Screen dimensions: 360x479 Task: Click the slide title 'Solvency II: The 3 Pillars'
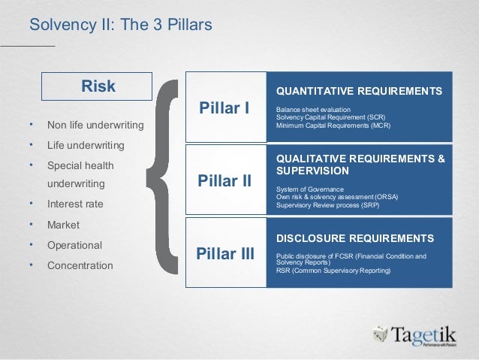coord(120,26)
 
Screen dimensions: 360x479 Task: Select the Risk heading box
coord(98,86)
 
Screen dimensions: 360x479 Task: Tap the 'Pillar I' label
coord(224,107)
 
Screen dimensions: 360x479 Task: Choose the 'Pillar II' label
coord(224,181)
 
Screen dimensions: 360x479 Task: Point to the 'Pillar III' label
coord(224,253)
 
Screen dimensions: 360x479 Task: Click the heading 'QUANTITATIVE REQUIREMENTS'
coord(359,91)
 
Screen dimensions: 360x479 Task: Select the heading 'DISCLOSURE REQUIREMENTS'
coord(355,238)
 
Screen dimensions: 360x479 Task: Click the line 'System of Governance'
coord(310,189)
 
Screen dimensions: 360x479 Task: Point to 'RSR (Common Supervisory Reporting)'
coord(333,270)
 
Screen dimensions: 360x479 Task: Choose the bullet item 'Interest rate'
coord(75,204)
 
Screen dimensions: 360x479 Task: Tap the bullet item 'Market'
coord(63,225)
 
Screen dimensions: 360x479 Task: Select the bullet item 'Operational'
coord(74,245)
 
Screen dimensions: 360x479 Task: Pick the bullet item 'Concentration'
coord(80,265)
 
